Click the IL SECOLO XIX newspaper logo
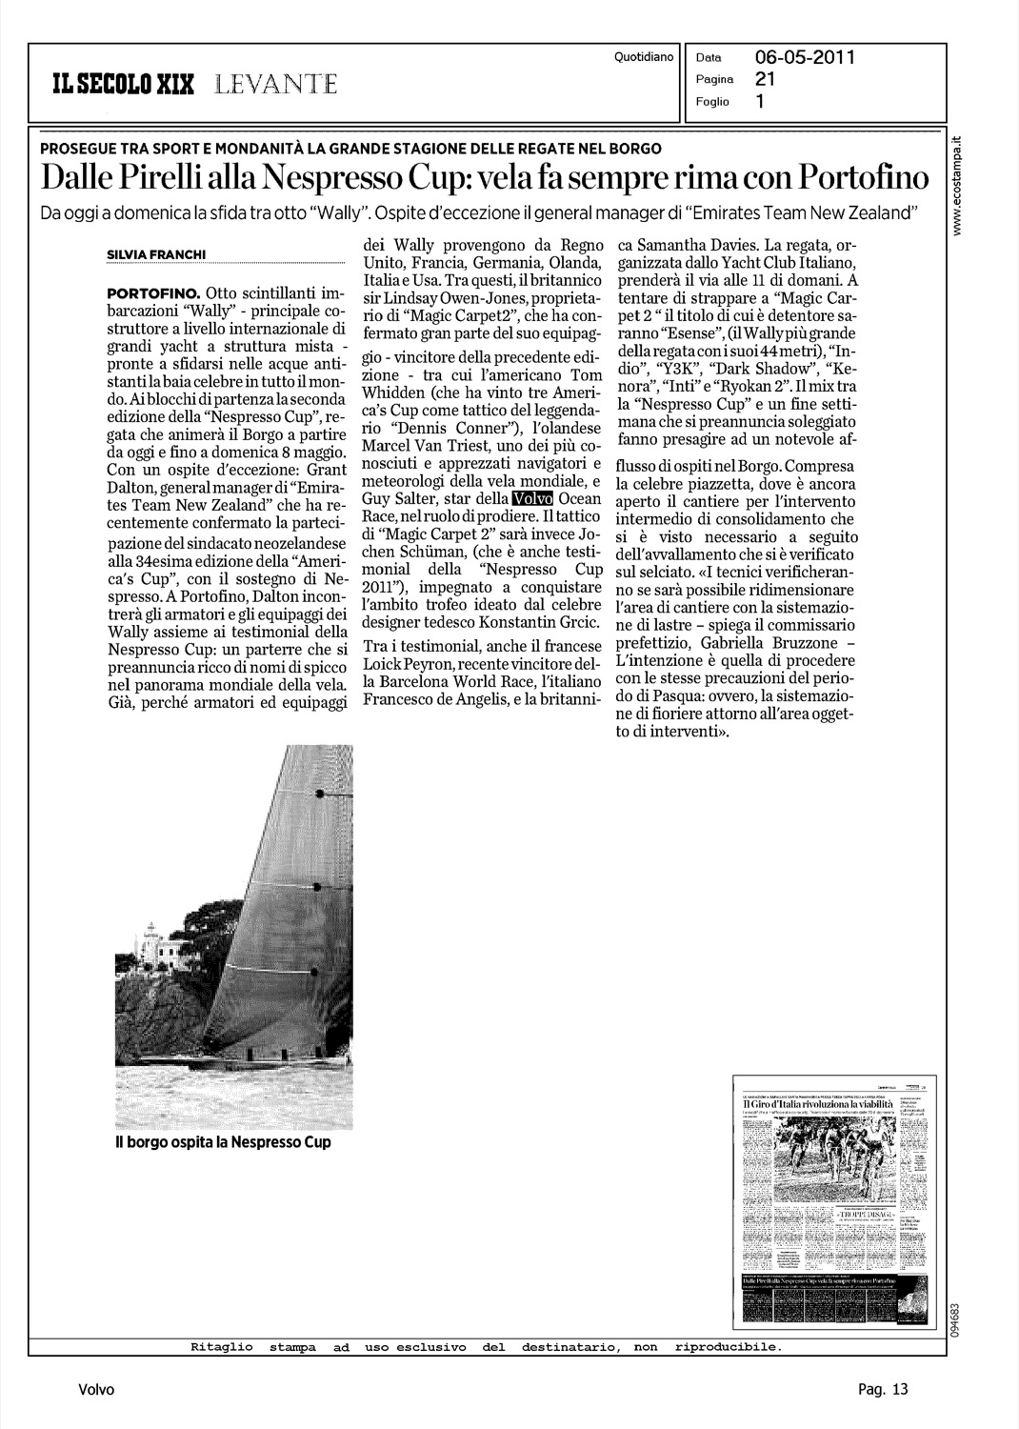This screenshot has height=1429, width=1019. click(x=124, y=85)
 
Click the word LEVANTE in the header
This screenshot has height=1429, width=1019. click(x=275, y=85)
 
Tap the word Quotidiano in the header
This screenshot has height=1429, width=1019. click(x=644, y=57)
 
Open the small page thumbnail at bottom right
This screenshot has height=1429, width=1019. click(x=826, y=1199)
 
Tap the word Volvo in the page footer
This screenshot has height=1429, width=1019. click(x=96, y=1390)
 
